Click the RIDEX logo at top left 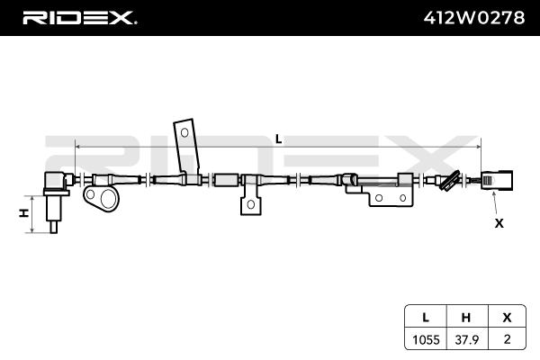(x=78, y=17)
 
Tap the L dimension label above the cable (x=278, y=139)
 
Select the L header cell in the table (x=424, y=317)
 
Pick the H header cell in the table (x=465, y=317)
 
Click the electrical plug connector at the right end (x=495, y=180)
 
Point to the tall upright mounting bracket (x=186, y=144)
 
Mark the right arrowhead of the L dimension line (x=479, y=145)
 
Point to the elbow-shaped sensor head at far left (x=58, y=180)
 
